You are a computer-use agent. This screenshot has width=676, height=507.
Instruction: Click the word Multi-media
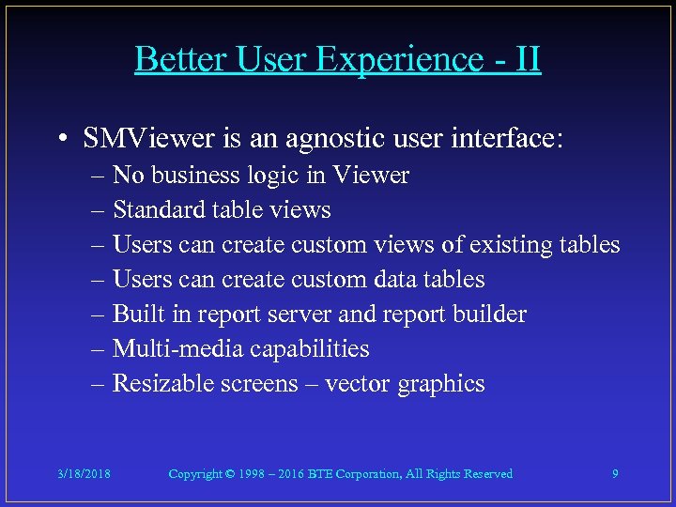[x=176, y=349]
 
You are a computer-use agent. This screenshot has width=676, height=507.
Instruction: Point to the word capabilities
[x=310, y=349]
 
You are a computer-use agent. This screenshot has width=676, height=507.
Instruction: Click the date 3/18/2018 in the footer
[x=83, y=474]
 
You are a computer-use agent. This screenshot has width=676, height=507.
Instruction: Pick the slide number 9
[x=615, y=474]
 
